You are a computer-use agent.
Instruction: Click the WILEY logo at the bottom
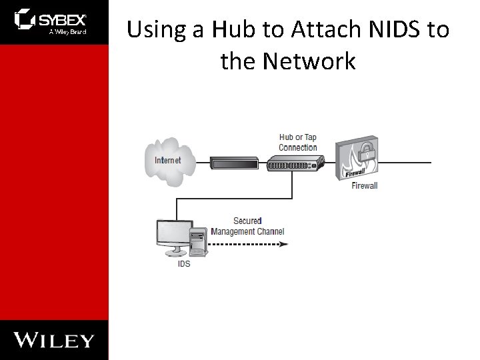point(54,340)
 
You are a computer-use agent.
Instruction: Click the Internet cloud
point(167,159)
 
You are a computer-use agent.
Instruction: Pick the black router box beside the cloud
point(233,161)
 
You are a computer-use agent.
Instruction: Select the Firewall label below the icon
point(364,185)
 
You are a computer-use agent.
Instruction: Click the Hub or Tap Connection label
point(297,143)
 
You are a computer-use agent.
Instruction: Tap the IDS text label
point(183,263)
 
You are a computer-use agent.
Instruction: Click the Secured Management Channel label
point(247,226)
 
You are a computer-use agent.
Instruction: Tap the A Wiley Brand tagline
point(67,31)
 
